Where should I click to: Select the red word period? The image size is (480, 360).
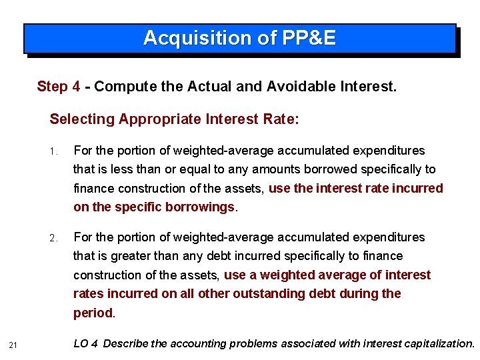point(93,313)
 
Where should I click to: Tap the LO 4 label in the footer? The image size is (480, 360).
point(86,344)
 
